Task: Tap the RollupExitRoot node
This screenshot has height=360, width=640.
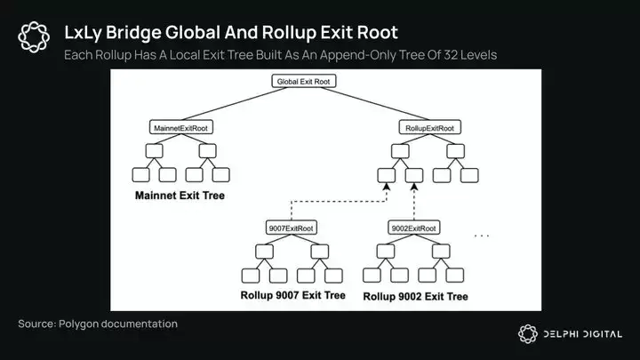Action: [429, 128]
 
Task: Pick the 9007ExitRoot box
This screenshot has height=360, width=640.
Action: [291, 228]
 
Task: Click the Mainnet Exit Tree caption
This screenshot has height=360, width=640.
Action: [180, 194]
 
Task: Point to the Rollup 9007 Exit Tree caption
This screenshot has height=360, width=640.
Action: [292, 295]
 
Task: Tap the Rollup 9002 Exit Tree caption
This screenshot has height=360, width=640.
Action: [415, 295]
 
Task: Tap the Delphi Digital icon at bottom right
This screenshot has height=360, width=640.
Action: [529, 333]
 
